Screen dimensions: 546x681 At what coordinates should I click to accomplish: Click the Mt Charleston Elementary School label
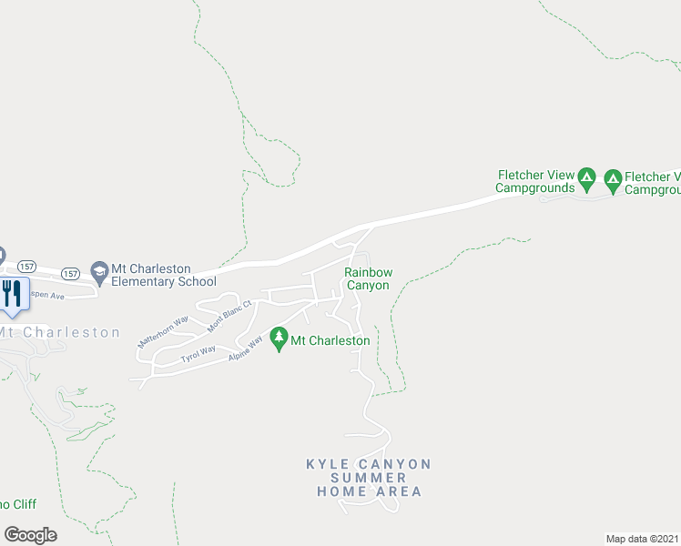tap(163, 275)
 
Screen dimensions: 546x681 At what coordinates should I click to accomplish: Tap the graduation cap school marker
tap(98, 270)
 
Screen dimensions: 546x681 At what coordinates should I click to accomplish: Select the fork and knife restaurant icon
tap(12, 293)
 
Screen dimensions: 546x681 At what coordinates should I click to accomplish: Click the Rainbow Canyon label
tap(368, 278)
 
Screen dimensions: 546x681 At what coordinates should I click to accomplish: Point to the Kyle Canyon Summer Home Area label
tap(369, 478)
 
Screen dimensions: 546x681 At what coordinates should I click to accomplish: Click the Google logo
tap(30, 534)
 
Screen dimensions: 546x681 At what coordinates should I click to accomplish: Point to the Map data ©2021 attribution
tap(641, 538)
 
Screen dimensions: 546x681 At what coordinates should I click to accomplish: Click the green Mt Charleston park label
tap(330, 340)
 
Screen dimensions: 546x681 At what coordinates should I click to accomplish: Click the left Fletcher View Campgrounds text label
tap(535, 182)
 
